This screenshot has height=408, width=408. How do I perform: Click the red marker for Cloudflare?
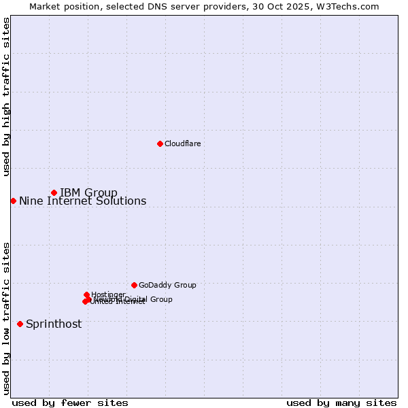(x=160, y=143)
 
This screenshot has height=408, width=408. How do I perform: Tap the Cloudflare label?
(x=182, y=143)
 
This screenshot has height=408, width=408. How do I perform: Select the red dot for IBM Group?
(x=54, y=192)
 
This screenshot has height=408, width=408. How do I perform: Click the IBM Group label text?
(x=88, y=192)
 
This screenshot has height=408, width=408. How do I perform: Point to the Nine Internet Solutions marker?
(x=13, y=201)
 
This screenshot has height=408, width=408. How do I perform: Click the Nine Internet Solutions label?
(x=82, y=201)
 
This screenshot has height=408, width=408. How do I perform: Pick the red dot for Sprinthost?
(x=20, y=324)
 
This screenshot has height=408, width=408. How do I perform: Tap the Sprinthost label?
(x=54, y=324)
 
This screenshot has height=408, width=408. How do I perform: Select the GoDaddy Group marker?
(x=134, y=285)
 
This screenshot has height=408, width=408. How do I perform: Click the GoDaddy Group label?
(x=167, y=285)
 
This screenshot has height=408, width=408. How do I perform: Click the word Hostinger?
(x=108, y=294)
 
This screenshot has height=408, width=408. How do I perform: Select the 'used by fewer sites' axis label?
(x=70, y=403)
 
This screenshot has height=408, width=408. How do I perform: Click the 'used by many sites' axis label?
(x=341, y=403)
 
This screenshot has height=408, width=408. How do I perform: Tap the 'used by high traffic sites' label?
(x=6, y=97)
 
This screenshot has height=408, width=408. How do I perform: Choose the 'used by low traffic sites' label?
(x=6, y=318)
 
